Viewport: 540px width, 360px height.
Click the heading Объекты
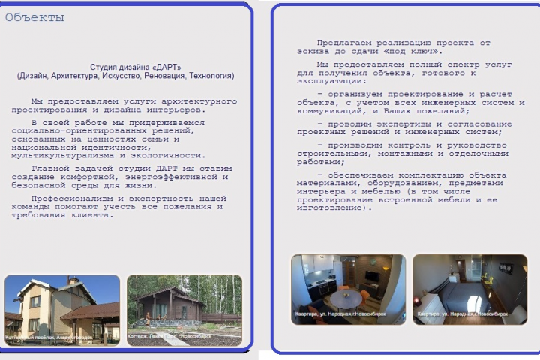[x=34, y=18]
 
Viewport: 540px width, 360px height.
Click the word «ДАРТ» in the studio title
[x=167, y=67]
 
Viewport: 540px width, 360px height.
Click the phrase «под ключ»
[x=415, y=52]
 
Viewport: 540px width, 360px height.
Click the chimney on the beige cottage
[x=73, y=280]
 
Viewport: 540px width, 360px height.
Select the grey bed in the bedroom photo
[x=458, y=294]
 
